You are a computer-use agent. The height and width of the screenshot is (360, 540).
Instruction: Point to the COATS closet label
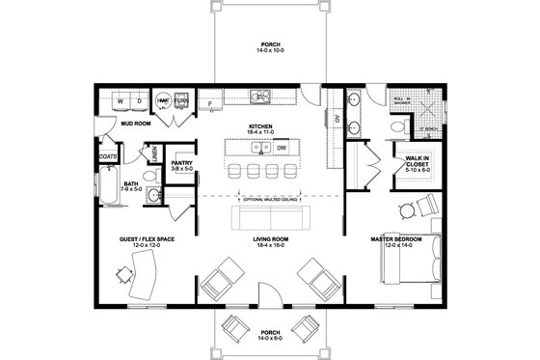(x=107, y=154)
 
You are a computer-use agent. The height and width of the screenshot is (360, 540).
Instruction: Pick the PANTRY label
(x=181, y=163)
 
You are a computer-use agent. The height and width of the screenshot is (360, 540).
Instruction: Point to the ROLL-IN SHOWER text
(x=403, y=99)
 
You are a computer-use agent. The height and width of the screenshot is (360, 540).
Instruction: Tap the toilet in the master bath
(x=398, y=126)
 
